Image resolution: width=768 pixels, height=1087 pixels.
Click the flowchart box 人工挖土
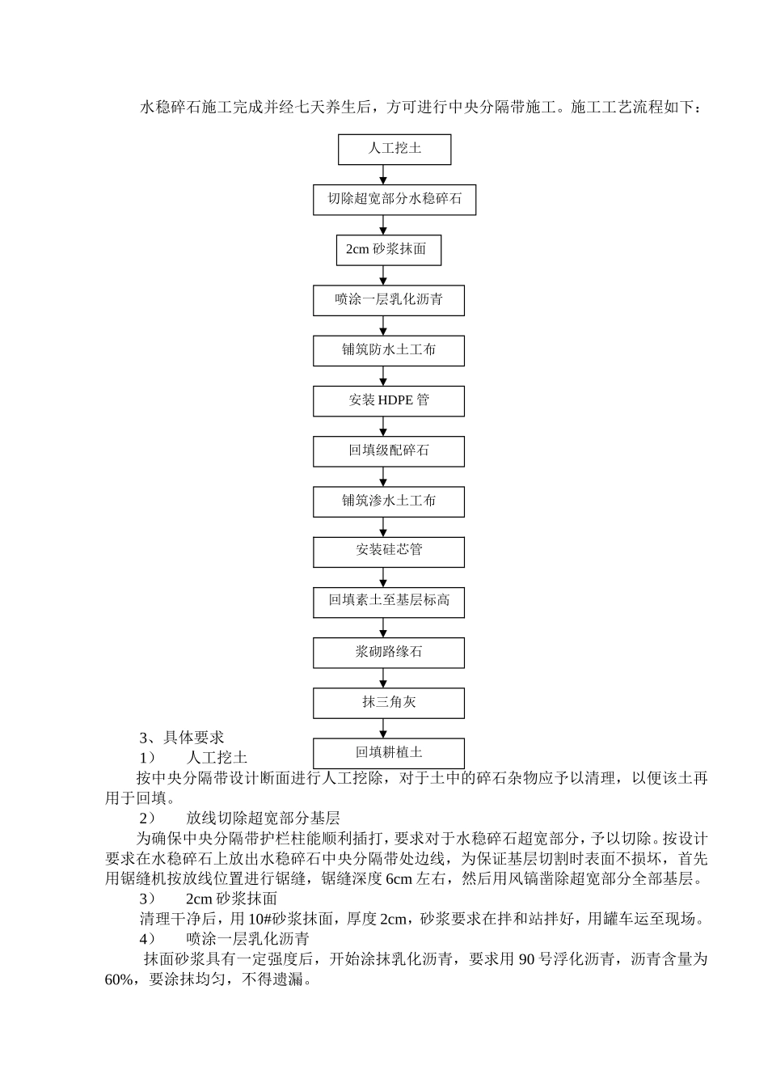[x=395, y=150]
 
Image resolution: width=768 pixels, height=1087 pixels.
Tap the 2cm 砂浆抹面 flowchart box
[x=388, y=250]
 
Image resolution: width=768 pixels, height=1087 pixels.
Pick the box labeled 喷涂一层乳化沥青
[x=388, y=300]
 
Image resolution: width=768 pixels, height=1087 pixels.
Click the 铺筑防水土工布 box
[x=388, y=351]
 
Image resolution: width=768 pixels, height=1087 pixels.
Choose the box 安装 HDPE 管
[x=388, y=401]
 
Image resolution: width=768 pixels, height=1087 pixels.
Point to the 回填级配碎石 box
[x=388, y=451]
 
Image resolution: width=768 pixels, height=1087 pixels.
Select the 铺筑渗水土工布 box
[x=388, y=501]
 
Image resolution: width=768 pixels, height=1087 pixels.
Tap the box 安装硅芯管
[x=388, y=552]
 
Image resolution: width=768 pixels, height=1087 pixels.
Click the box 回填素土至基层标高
[x=388, y=602]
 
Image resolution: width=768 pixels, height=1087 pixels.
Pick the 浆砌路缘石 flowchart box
[x=388, y=653]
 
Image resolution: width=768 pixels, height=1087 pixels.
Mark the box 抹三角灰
[x=388, y=703]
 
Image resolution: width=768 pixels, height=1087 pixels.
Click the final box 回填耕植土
[x=388, y=753]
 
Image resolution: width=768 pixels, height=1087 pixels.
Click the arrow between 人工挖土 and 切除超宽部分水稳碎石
[x=384, y=175]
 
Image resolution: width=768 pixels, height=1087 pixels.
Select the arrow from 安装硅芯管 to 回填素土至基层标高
[x=384, y=577]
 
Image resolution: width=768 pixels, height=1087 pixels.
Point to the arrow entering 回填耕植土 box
[x=384, y=728]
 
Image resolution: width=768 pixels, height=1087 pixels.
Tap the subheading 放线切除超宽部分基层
[x=263, y=818]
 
